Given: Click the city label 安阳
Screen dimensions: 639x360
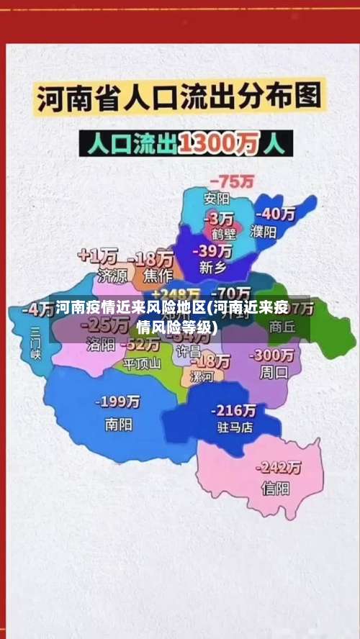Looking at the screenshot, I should (x=217, y=198).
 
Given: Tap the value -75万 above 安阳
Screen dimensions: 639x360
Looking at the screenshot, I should (x=230, y=181).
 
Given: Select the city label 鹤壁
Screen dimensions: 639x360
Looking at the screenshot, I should (x=224, y=233).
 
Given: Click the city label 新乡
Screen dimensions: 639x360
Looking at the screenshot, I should (x=212, y=267).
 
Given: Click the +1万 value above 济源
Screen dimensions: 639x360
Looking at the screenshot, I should (x=98, y=255).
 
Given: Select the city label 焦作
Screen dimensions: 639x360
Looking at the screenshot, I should (x=158, y=274).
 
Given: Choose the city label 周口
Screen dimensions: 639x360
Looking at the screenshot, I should (x=273, y=373).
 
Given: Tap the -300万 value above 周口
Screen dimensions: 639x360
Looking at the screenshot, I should (x=271, y=355).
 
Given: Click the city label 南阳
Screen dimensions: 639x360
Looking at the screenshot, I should (x=118, y=425).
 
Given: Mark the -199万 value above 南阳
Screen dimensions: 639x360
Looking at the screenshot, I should (x=119, y=402).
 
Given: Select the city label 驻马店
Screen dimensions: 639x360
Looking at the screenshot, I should (x=235, y=427).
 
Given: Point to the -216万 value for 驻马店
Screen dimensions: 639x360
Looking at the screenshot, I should (x=233, y=410).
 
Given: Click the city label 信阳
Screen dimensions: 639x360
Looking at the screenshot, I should (x=275, y=489).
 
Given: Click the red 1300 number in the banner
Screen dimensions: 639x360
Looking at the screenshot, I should (x=210, y=144).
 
